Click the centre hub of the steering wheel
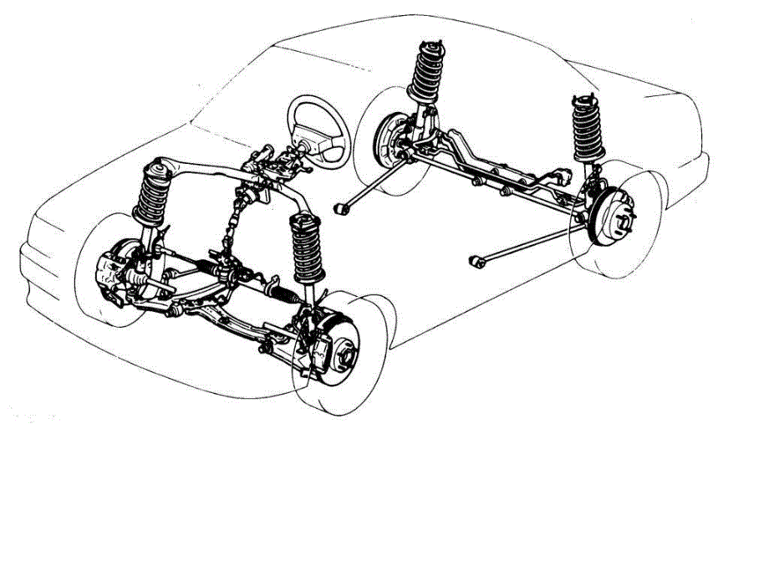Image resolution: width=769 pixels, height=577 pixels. [x=321, y=135]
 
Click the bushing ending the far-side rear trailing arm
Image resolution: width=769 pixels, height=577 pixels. [x=340, y=207]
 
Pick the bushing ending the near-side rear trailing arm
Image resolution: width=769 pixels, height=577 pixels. [x=479, y=263]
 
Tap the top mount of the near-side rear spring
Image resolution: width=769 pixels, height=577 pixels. [x=583, y=100]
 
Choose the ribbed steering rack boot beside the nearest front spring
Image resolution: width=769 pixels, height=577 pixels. [x=284, y=294]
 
